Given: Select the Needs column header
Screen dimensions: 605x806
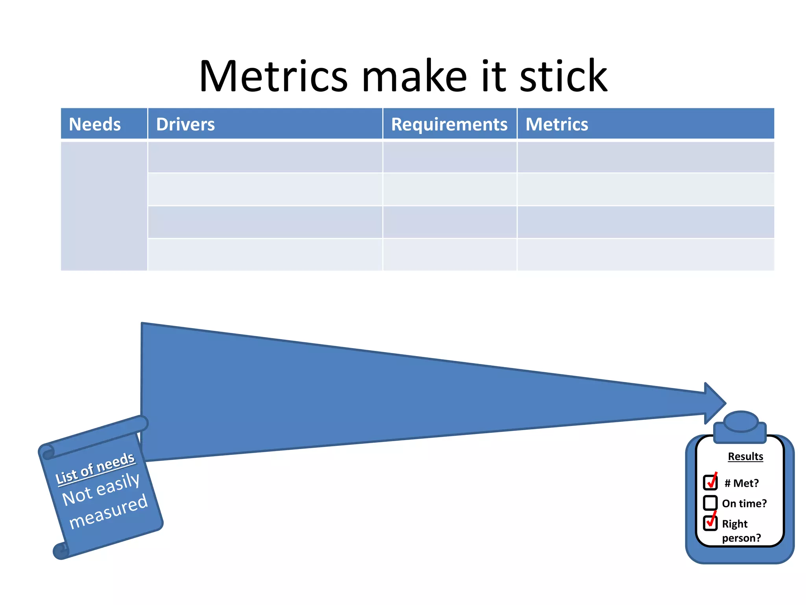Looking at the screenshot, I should [95, 124].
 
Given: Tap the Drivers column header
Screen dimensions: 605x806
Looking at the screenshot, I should [185, 124].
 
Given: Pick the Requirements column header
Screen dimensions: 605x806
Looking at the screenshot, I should [449, 124].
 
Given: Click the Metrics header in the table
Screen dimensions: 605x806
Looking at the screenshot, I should [556, 124].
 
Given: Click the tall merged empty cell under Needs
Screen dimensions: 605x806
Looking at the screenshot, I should [104, 206].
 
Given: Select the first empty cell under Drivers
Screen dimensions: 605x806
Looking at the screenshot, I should [265, 157].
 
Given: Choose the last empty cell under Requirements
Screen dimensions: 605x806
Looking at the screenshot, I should [449, 254].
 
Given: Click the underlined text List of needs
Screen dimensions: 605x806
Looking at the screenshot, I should [95, 468].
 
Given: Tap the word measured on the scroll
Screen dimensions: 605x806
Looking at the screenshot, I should [109, 511].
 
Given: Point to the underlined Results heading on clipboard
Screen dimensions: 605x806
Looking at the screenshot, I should [745, 456].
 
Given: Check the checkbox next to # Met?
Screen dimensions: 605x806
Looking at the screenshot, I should [710, 482].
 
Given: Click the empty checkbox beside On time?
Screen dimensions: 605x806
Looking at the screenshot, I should [710, 503].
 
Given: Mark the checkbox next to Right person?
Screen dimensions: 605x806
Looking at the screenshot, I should [710, 523].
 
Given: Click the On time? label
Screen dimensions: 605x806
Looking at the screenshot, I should [744, 503].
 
